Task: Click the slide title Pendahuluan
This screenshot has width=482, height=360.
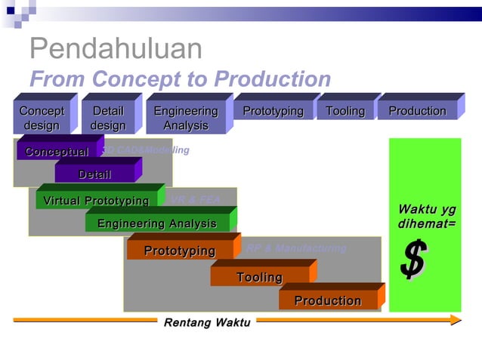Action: pyautogui.click(x=116, y=50)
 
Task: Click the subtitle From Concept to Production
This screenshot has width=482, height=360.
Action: pyautogui.click(x=180, y=79)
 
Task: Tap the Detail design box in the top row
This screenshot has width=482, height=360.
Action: pyautogui.click(x=108, y=118)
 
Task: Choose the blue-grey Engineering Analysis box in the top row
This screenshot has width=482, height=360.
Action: pyautogui.click(x=186, y=118)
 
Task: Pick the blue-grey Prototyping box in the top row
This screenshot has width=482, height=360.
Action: pyautogui.click(x=273, y=112)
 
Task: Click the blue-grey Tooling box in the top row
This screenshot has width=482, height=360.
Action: pyautogui.click(x=345, y=112)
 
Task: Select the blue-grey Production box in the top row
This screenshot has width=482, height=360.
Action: pyautogui.click(x=417, y=112)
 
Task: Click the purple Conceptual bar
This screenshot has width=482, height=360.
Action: pyautogui.click(x=57, y=152)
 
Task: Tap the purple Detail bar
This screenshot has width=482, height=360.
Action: pyautogui.click(x=94, y=175)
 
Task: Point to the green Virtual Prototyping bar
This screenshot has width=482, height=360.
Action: pyautogui.click(x=96, y=201)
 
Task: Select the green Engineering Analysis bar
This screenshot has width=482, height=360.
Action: pyautogui.click(x=157, y=224)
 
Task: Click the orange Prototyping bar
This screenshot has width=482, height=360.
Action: pyautogui.click(x=180, y=251)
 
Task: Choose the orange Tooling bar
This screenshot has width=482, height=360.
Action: pyautogui.click(x=259, y=278)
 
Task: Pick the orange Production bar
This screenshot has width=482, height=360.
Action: pyautogui.click(x=328, y=301)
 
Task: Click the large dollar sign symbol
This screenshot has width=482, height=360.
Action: pyautogui.click(x=413, y=259)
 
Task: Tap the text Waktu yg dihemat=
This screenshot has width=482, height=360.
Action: pyautogui.click(x=427, y=217)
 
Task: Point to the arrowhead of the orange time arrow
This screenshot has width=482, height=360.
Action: pyautogui.click(x=455, y=320)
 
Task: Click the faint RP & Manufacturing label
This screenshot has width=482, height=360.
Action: pyautogui.click(x=296, y=248)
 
